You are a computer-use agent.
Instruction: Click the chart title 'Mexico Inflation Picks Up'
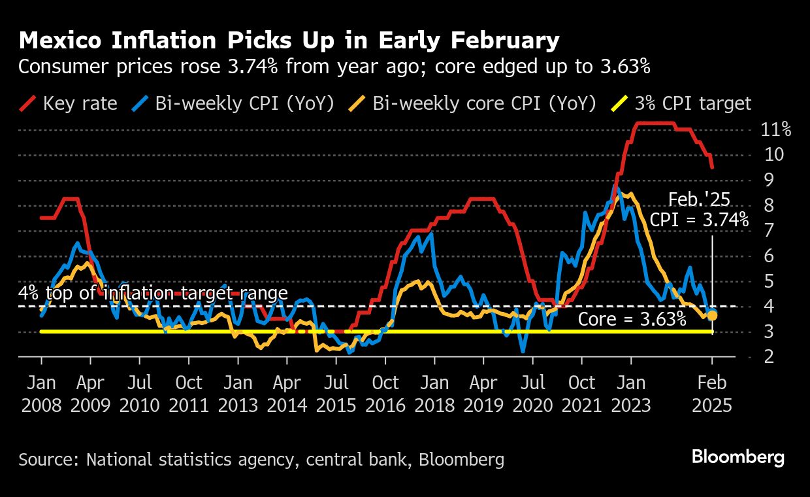tap(289, 41)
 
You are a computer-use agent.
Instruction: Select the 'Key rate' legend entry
tap(69, 103)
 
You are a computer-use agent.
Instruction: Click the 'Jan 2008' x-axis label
tap(41, 393)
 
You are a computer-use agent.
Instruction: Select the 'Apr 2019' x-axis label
tap(484, 393)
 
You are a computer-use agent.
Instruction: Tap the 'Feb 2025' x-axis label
tap(712, 393)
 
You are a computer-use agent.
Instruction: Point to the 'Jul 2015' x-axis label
tap(336, 393)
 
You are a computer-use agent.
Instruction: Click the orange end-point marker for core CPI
tap(712, 316)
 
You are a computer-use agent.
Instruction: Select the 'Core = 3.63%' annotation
tap(632, 320)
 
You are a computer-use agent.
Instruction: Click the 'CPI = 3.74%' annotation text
tap(699, 220)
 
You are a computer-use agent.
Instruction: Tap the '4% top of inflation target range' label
tap(153, 293)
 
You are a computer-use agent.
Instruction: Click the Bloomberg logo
tap(738, 457)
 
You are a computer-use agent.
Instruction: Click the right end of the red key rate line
tap(712, 167)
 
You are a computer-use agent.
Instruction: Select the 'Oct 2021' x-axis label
tap(582, 393)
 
